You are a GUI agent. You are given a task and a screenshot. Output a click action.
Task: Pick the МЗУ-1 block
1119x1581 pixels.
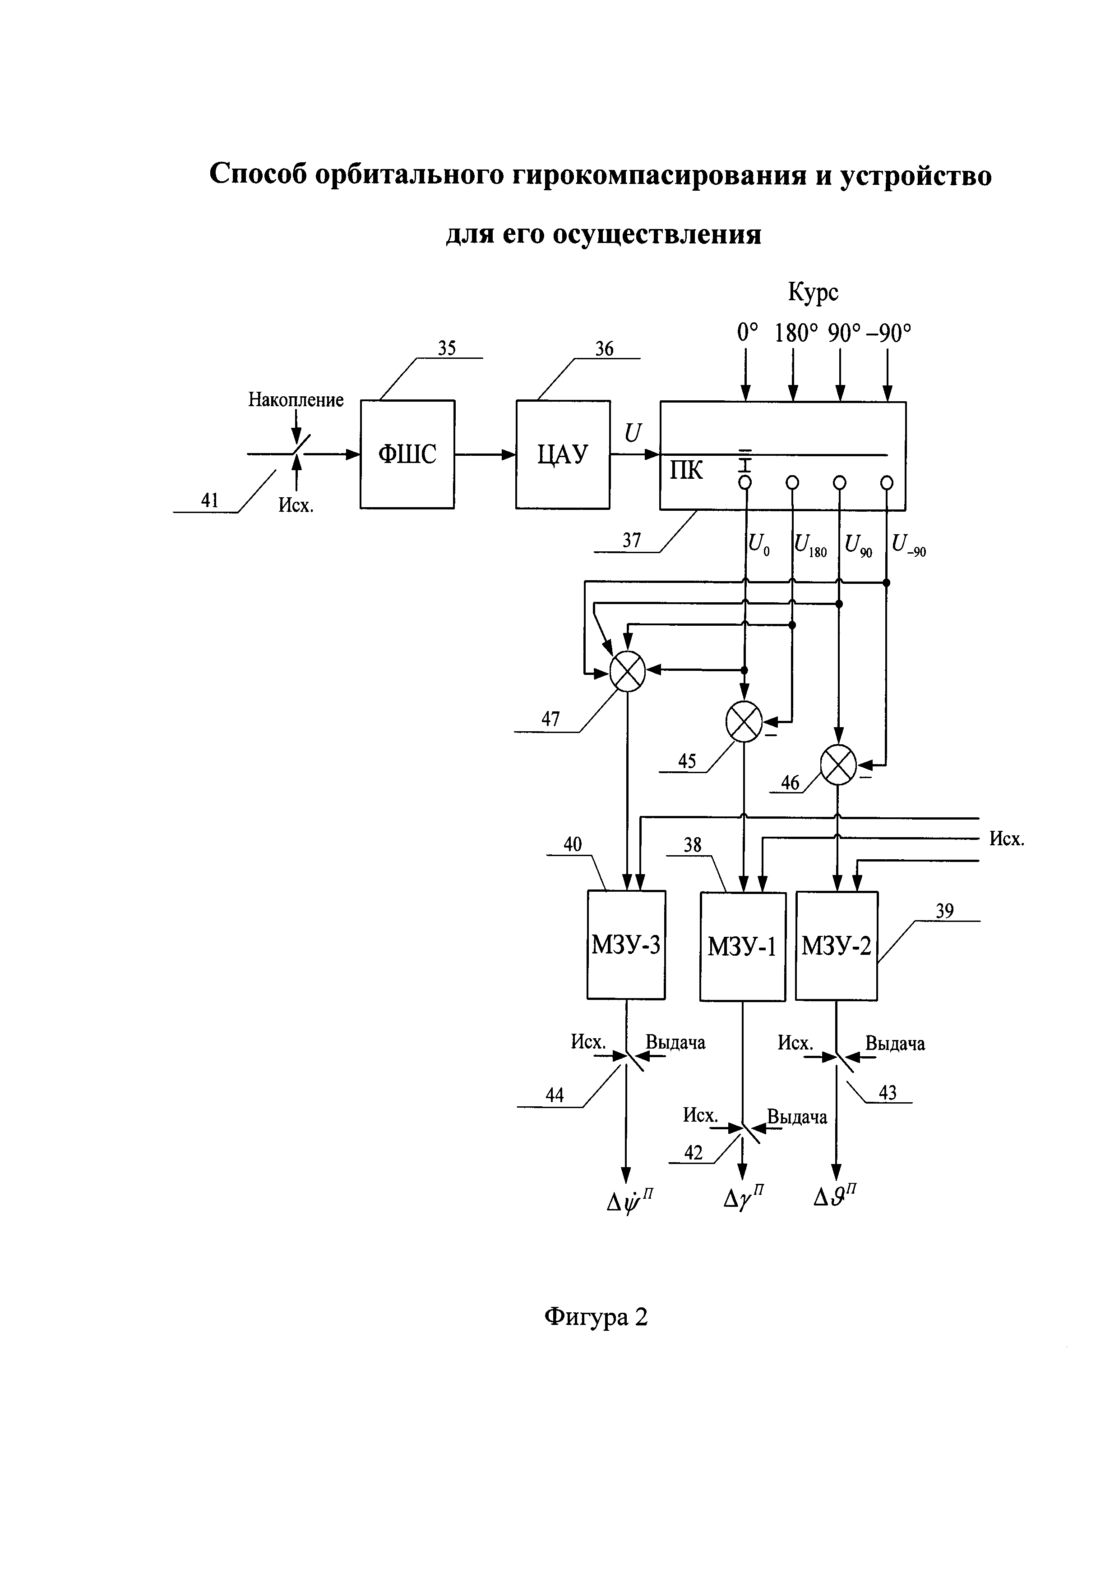[x=742, y=947]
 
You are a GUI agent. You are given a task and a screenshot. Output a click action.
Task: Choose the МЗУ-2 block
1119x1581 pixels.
[x=836, y=946]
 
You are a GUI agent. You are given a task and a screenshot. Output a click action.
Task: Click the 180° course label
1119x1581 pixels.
[x=795, y=334]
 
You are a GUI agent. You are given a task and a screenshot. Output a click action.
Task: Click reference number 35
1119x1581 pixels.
[x=447, y=348]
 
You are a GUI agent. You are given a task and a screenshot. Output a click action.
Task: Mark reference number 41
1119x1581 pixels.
[x=209, y=500]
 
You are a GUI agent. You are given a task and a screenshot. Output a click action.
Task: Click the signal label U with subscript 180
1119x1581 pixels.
[x=809, y=545]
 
